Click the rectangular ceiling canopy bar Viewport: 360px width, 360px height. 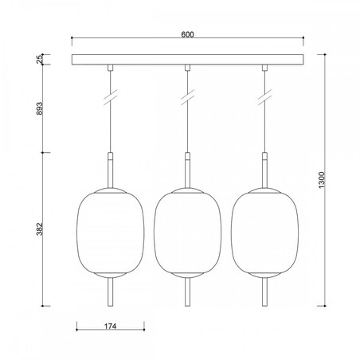[188, 61]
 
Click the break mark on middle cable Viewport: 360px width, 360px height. [187, 100]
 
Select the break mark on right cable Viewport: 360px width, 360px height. [265, 100]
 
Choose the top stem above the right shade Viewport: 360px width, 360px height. [265, 169]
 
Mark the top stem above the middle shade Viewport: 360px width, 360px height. [187, 169]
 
